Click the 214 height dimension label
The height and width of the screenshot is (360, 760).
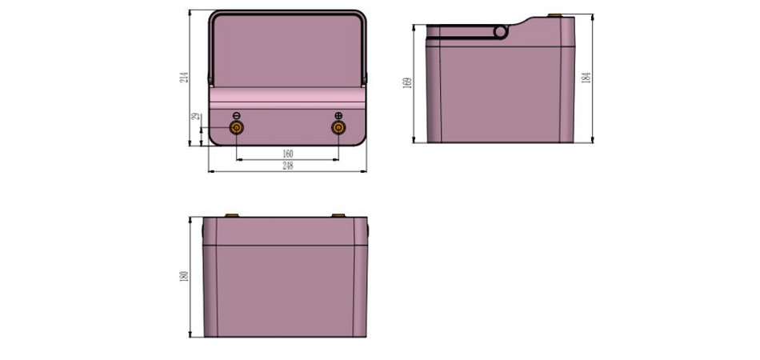(x=184, y=77)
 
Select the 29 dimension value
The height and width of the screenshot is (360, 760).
(x=195, y=117)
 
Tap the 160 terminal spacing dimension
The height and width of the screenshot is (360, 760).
(x=287, y=154)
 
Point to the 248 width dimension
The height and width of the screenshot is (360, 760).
(x=287, y=166)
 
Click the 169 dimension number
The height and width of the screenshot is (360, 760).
(x=408, y=82)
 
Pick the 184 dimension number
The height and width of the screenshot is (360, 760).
(x=586, y=78)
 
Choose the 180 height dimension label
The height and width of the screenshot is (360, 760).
(x=184, y=277)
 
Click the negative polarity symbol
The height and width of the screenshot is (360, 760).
(x=237, y=115)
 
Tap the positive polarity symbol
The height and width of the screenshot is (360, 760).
(x=338, y=115)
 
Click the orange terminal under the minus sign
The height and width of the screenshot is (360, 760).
(x=237, y=127)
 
